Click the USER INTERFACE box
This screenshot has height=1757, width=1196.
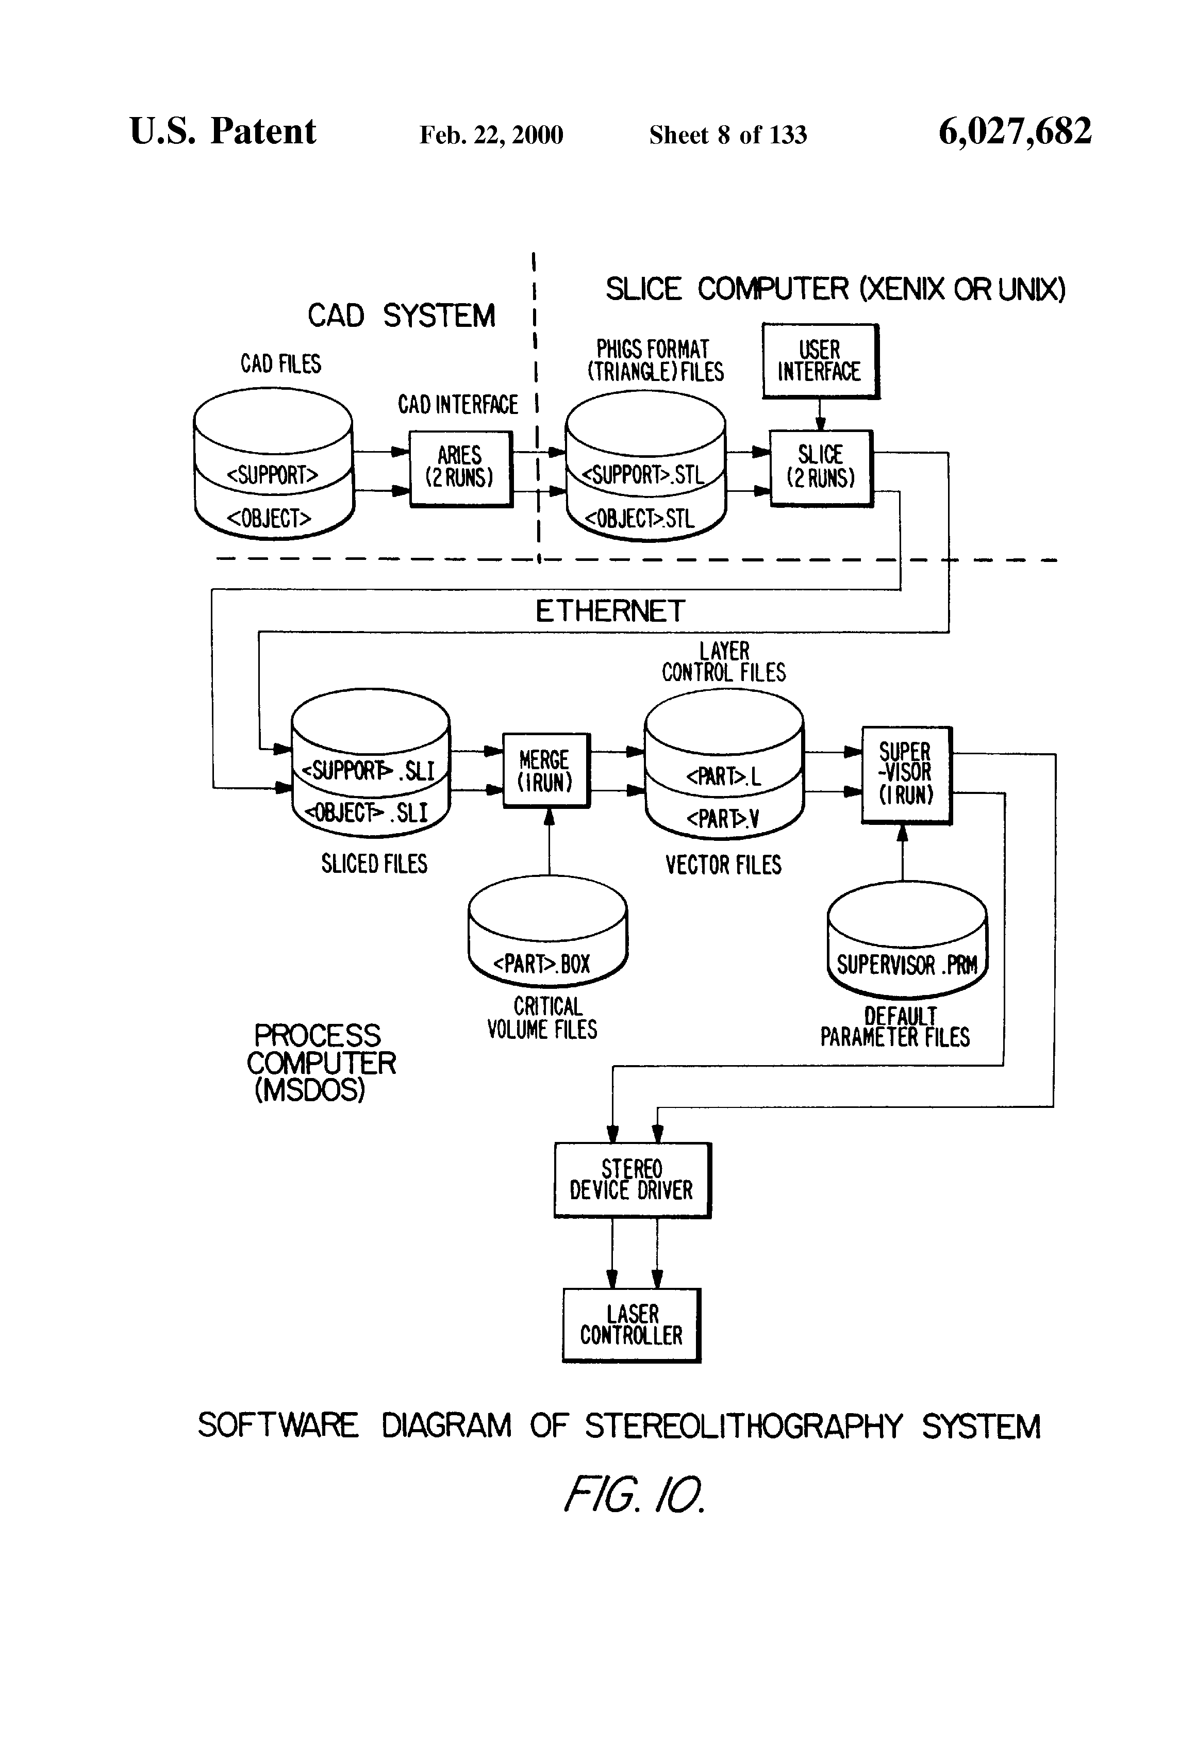click(820, 360)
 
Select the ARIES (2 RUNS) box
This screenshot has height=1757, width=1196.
click(460, 468)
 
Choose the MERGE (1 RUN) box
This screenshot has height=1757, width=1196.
click(546, 770)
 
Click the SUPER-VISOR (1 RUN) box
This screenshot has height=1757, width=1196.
click(906, 774)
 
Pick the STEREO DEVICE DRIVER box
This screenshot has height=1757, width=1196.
click(632, 1180)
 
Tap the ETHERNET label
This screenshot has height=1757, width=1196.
click(610, 611)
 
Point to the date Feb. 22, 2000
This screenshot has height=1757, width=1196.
click(491, 135)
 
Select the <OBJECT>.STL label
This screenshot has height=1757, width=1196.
click(640, 519)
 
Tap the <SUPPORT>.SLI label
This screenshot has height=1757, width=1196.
click(368, 770)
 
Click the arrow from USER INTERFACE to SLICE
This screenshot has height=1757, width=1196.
click(820, 415)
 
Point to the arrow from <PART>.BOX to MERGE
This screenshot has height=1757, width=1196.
click(550, 843)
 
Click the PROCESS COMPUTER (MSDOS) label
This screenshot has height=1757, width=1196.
click(320, 1062)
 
